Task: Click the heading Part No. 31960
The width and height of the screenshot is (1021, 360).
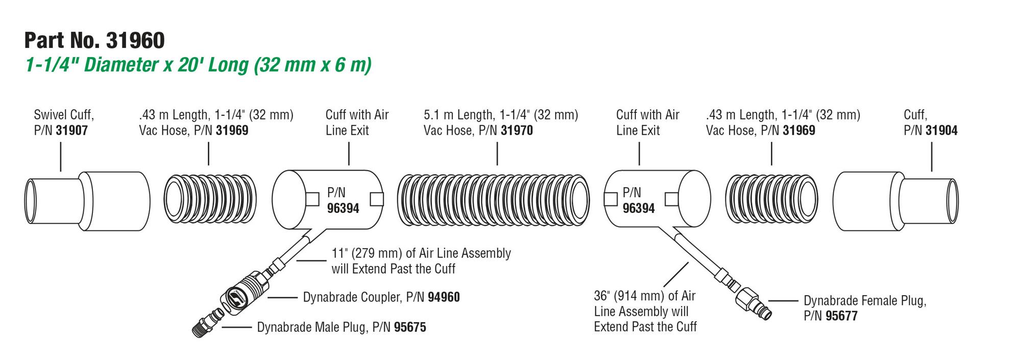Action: [x=94, y=40]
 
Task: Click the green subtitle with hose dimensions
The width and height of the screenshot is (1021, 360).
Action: [x=199, y=65]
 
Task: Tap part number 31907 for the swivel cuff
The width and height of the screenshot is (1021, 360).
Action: [x=72, y=130]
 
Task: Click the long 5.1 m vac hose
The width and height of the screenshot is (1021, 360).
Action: [x=493, y=200]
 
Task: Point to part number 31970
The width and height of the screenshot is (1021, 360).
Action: [x=517, y=130]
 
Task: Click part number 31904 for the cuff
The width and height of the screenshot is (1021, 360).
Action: [x=941, y=130]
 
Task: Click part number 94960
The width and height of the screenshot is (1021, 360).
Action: [x=444, y=297]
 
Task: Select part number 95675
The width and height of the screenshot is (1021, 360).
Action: [x=410, y=327]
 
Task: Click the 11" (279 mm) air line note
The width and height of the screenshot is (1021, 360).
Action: [x=421, y=261]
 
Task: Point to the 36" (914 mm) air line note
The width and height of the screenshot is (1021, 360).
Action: [x=645, y=311]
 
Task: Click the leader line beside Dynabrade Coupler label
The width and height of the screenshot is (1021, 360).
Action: [x=283, y=297]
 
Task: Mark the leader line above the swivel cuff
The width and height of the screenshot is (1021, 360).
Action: [x=61, y=157]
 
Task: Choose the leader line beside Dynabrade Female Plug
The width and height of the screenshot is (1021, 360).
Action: [x=784, y=301]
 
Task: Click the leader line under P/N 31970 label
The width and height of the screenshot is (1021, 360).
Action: [x=497, y=154]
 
